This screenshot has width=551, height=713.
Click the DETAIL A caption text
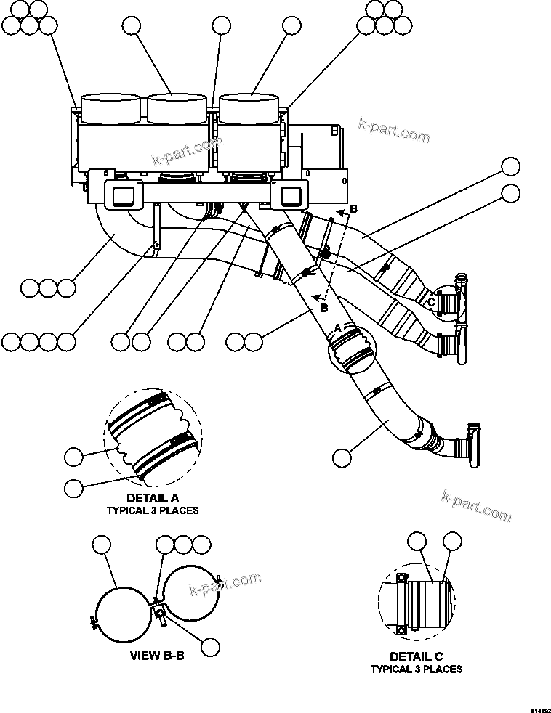pyautogui.click(x=152, y=498)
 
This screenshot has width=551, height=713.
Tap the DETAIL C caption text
pyautogui.click(x=416, y=656)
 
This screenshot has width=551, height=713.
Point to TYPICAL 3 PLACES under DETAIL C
pyautogui.click(x=416, y=669)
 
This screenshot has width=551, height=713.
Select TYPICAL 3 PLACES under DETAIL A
pyautogui.click(x=153, y=510)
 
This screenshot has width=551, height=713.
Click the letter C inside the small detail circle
pyautogui.click(x=431, y=302)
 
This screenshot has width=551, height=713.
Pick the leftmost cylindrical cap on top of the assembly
pyautogui.click(x=111, y=109)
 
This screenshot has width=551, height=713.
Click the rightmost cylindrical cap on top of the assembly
pyautogui.click(x=249, y=109)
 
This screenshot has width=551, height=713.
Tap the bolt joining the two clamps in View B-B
pyautogui.click(x=160, y=615)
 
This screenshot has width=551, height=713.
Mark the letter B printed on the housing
pyautogui.click(x=334, y=131)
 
